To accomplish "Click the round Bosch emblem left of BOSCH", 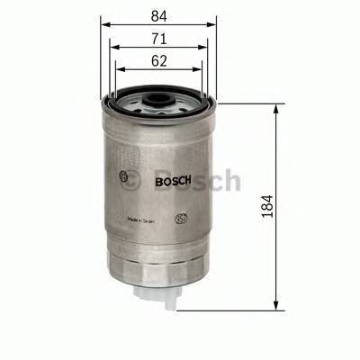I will pyautogui.click(x=125, y=177).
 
